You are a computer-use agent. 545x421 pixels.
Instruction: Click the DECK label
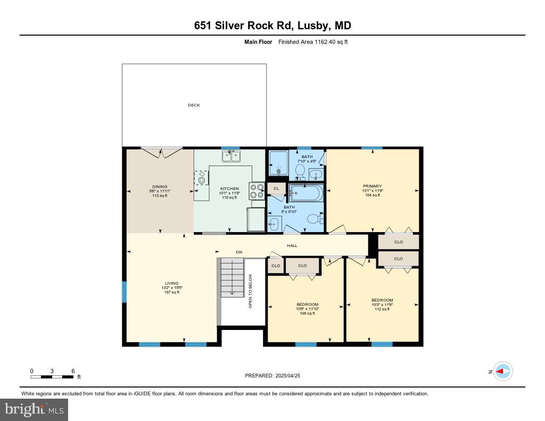(194, 105)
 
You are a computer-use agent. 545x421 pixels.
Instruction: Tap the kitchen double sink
(230, 156)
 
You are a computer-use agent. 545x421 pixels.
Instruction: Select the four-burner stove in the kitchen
(257, 191)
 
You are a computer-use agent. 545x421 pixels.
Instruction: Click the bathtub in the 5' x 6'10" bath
(305, 193)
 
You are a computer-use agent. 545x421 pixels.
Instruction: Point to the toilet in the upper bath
(300, 171)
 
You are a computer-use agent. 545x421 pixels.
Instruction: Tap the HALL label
(292, 245)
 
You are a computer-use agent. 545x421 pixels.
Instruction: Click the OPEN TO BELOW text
(250, 291)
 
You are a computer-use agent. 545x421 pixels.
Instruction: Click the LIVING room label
(171, 283)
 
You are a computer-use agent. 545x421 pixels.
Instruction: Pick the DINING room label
(160, 187)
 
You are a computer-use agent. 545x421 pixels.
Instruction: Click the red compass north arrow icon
(502, 372)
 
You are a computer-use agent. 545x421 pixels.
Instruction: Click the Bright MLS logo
(34, 409)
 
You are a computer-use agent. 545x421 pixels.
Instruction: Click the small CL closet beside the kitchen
(276, 188)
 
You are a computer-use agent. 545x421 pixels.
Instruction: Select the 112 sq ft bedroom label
(382, 304)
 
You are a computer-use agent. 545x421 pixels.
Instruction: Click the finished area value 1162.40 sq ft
(313, 42)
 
